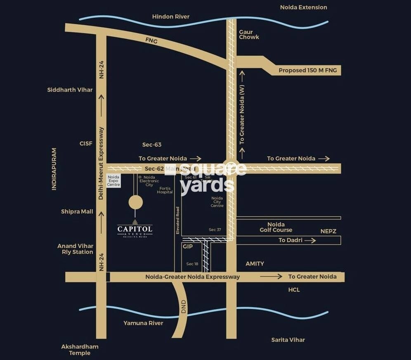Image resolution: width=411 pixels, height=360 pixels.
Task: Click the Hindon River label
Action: pos(171,16)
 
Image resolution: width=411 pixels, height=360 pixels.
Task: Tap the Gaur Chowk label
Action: pos(249,35)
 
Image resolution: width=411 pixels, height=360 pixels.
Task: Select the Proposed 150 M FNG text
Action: pos(307,71)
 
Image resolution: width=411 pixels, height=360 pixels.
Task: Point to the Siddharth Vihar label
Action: pos(70,90)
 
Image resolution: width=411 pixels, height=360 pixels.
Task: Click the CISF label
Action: pos(86,144)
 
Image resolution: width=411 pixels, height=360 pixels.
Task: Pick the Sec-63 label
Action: pos(152,145)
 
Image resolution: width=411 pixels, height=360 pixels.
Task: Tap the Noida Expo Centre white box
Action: pos(113,181)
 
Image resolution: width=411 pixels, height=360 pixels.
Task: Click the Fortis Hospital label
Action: pos(165,190)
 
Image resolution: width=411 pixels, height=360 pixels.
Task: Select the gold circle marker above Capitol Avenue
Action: pos(136,202)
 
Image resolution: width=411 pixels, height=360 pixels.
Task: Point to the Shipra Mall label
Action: pos(77,212)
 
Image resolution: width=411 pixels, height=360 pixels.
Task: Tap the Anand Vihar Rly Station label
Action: pos(76,249)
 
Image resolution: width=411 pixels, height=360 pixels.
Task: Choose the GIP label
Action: pos(188,246)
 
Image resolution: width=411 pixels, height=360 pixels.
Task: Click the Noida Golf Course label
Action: pos(276,227)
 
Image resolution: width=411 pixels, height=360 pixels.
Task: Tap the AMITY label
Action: pos(255,264)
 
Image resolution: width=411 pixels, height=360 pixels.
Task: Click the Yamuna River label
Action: pos(143,323)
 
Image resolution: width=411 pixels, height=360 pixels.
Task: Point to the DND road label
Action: pos(184,307)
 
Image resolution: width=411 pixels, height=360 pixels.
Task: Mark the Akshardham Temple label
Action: pos(80,350)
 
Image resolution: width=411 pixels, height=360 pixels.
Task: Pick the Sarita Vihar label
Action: pos(288,340)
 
